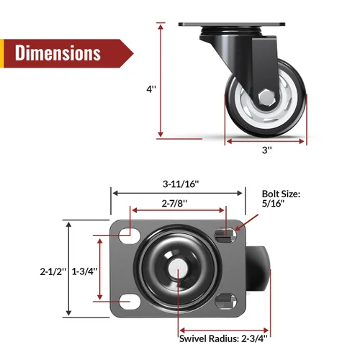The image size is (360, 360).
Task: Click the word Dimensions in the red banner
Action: [x=58, y=53]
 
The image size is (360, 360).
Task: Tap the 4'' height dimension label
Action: [x=151, y=89]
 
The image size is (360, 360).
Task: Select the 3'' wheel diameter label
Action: [x=267, y=150]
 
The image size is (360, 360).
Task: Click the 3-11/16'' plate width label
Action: [x=181, y=184]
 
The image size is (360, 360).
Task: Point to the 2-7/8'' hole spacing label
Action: [x=174, y=204]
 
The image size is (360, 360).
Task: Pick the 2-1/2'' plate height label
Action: [x=53, y=271]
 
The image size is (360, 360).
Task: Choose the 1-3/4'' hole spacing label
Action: [x=84, y=271]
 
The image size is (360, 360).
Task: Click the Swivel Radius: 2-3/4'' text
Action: [x=223, y=338]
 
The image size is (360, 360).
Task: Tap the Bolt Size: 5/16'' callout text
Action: [x=281, y=199]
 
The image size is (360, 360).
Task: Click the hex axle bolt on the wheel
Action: [x=266, y=97]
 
